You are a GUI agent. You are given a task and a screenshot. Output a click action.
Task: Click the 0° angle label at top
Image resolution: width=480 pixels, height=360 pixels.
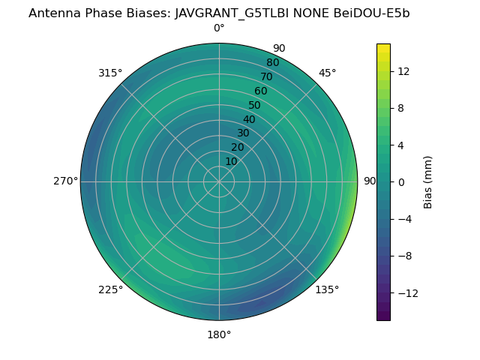(x=219, y=28)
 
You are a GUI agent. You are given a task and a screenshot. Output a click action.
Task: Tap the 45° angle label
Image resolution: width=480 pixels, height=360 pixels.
(x=327, y=73)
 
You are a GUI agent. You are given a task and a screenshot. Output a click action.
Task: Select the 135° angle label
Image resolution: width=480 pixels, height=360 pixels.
(x=327, y=289)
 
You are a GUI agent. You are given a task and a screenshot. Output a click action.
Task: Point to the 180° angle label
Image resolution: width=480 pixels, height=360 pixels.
(x=219, y=334)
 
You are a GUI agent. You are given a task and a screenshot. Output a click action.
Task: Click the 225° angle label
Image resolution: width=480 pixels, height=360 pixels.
(x=110, y=289)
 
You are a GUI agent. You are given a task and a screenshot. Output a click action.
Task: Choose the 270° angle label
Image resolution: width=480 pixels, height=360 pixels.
(x=65, y=181)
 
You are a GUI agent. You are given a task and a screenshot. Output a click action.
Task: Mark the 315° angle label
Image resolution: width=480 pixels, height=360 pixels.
(x=110, y=73)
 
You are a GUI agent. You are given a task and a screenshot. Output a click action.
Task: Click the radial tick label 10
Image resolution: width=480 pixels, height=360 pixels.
(x=231, y=161)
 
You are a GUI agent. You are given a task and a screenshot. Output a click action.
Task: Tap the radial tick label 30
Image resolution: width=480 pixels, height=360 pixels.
(x=243, y=133)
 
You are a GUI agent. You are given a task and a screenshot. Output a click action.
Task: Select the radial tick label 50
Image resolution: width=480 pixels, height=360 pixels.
(x=255, y=106)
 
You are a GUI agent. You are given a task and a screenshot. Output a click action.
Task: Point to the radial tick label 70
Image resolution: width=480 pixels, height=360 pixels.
(x=266, y=76)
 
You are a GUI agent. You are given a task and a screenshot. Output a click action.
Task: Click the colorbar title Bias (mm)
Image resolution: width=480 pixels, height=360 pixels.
(x=428, y=181)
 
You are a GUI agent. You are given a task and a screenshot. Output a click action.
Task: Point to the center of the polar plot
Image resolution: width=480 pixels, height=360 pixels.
(x=219, y=181)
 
